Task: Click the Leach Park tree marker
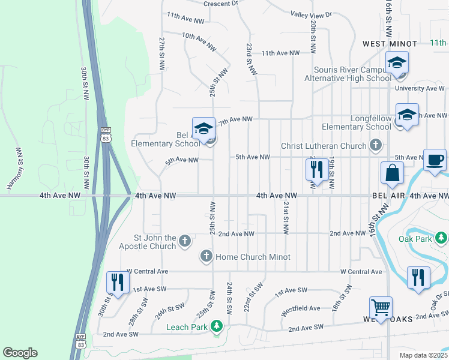click(x=217, y=327)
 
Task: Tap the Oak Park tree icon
click(x=441, y=238)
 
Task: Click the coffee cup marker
click(x=435, y=160)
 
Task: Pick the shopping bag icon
click(x=392, y=173)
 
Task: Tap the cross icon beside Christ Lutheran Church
click(x=375, y=145)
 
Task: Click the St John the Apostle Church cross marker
click(x=185, y=241)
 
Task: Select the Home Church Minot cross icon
click(x=206, y=257)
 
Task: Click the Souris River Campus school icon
click(x=397, y=62)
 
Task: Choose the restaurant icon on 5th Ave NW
click(x=318, y=169)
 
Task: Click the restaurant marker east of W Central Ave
click(x=417, y=277)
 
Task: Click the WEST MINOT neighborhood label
click(x=390, y=44)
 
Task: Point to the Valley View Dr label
click(x=311, y=14)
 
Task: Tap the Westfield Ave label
click(x=301, y=308)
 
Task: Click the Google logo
click(x=20, y=353)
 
